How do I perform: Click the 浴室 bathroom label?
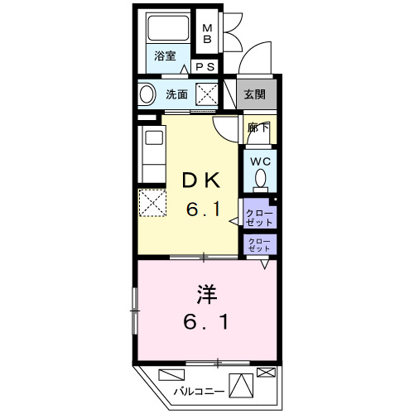point(165,56)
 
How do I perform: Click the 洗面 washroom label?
point(176,94)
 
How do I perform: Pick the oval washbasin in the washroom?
point(147,94)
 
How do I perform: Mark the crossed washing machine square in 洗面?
point(206,94)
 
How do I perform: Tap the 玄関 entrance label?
point(255,94)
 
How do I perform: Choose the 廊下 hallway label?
point(258,128)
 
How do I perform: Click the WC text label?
point(259,161)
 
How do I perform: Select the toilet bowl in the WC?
point(260,178)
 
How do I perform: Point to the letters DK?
point(202,181)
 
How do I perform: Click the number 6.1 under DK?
point(203,211)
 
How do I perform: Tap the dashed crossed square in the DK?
point(152,202)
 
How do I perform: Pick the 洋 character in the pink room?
point(207,293)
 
